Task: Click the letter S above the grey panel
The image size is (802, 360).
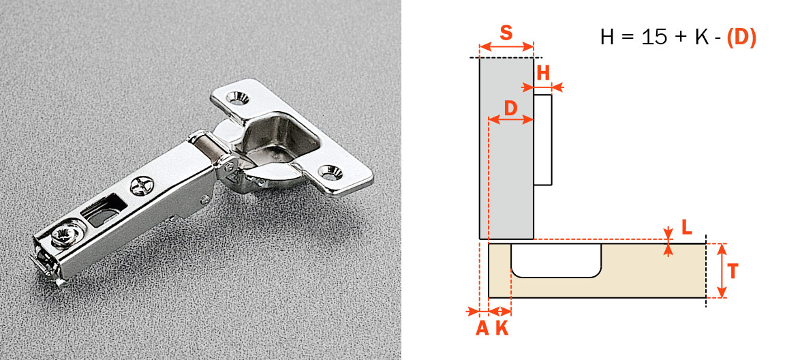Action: [506, 33]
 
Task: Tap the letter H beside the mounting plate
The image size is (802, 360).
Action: [542, 73]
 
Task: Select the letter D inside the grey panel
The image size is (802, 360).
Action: [510, 108]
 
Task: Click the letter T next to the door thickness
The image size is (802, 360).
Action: [732, 271]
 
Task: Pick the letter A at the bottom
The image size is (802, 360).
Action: [482, 328]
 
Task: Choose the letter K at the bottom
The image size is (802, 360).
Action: [502, 328]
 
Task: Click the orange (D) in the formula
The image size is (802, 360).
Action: [741, 37]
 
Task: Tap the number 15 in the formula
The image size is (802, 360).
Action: [653, 37]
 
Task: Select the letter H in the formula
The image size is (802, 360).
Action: [607, 37]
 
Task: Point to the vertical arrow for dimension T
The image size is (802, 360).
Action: [721, 271]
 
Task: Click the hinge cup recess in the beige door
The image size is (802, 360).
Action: [556, 260]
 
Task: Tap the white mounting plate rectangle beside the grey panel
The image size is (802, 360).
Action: [542, 139]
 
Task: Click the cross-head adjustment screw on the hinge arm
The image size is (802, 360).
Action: [141, 185]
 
